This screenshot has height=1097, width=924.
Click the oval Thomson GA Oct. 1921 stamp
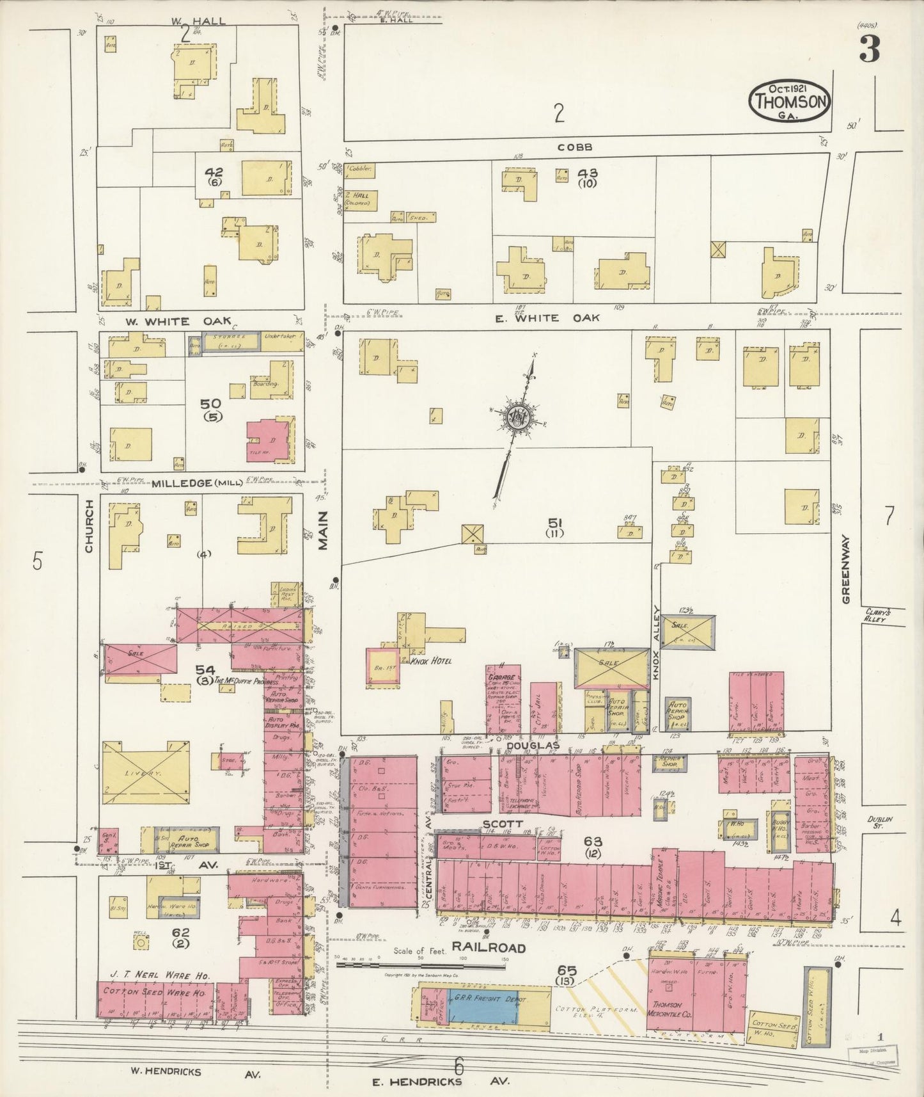tap(791, 100)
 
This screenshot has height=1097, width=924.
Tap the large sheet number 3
tap(869, 50)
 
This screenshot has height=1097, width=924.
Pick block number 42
tap(214, 172)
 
